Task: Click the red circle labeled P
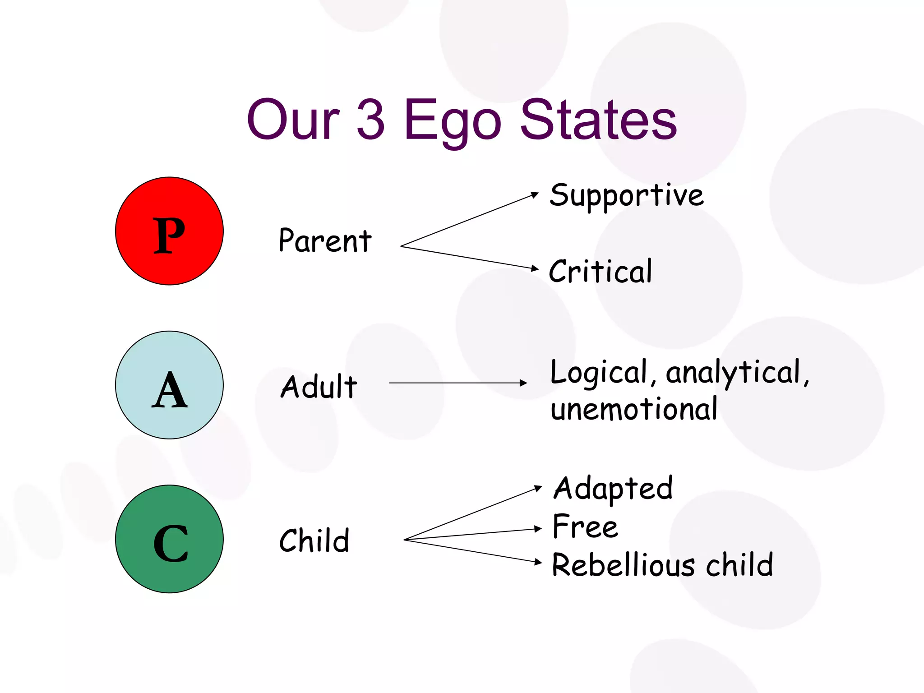[x=169, y=231]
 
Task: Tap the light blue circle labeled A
[x=169, y=385]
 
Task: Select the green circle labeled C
[x=169, y=539]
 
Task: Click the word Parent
[x=325, y=240]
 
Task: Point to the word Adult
[x=319, y=387]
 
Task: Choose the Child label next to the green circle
[x=314, y=540]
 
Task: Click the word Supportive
[x=627, y=196]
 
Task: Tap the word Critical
[x=601, y=271]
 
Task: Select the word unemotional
[x=634, y=409]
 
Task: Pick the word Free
[x=585, y=527]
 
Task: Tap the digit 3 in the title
[x=371, y=120]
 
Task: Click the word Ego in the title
[x=452, y=121]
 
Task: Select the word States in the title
[x=598, y=120]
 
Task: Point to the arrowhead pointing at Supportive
[x=535, y=194]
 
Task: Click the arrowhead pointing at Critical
[x=535, y=268]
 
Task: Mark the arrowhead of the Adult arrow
[x=523, y=383]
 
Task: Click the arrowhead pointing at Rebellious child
[x=538, y=562]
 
